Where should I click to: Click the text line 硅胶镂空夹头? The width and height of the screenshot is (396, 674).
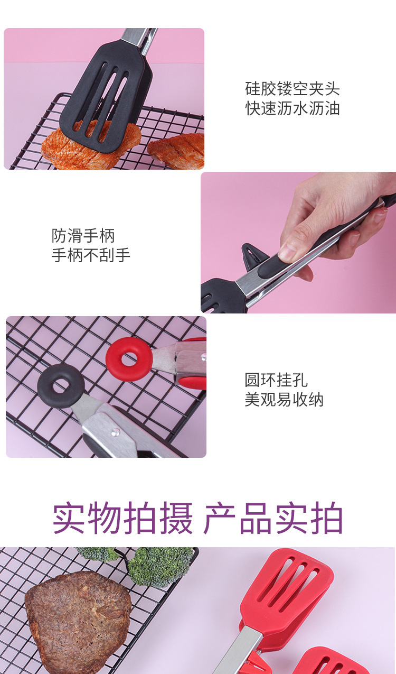click(x=293, y=89)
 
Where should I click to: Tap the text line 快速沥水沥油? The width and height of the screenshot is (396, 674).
click(x=293, y=108)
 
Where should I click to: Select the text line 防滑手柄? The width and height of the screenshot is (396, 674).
click(x=83, y=235)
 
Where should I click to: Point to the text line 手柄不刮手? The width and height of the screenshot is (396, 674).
click(x=91, y=255)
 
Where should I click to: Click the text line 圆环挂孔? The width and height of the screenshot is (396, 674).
click(x=276, y=380)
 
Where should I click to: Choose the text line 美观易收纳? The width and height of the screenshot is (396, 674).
click(x=284, y=399)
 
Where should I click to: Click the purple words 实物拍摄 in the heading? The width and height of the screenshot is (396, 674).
click(x=122, y=519)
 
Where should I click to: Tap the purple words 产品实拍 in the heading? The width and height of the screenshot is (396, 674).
click(x=273, y=519)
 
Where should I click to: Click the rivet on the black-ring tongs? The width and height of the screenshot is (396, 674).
click(x=113, y=432)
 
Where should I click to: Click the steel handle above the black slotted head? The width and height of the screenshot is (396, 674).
click(x=138, y=36)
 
